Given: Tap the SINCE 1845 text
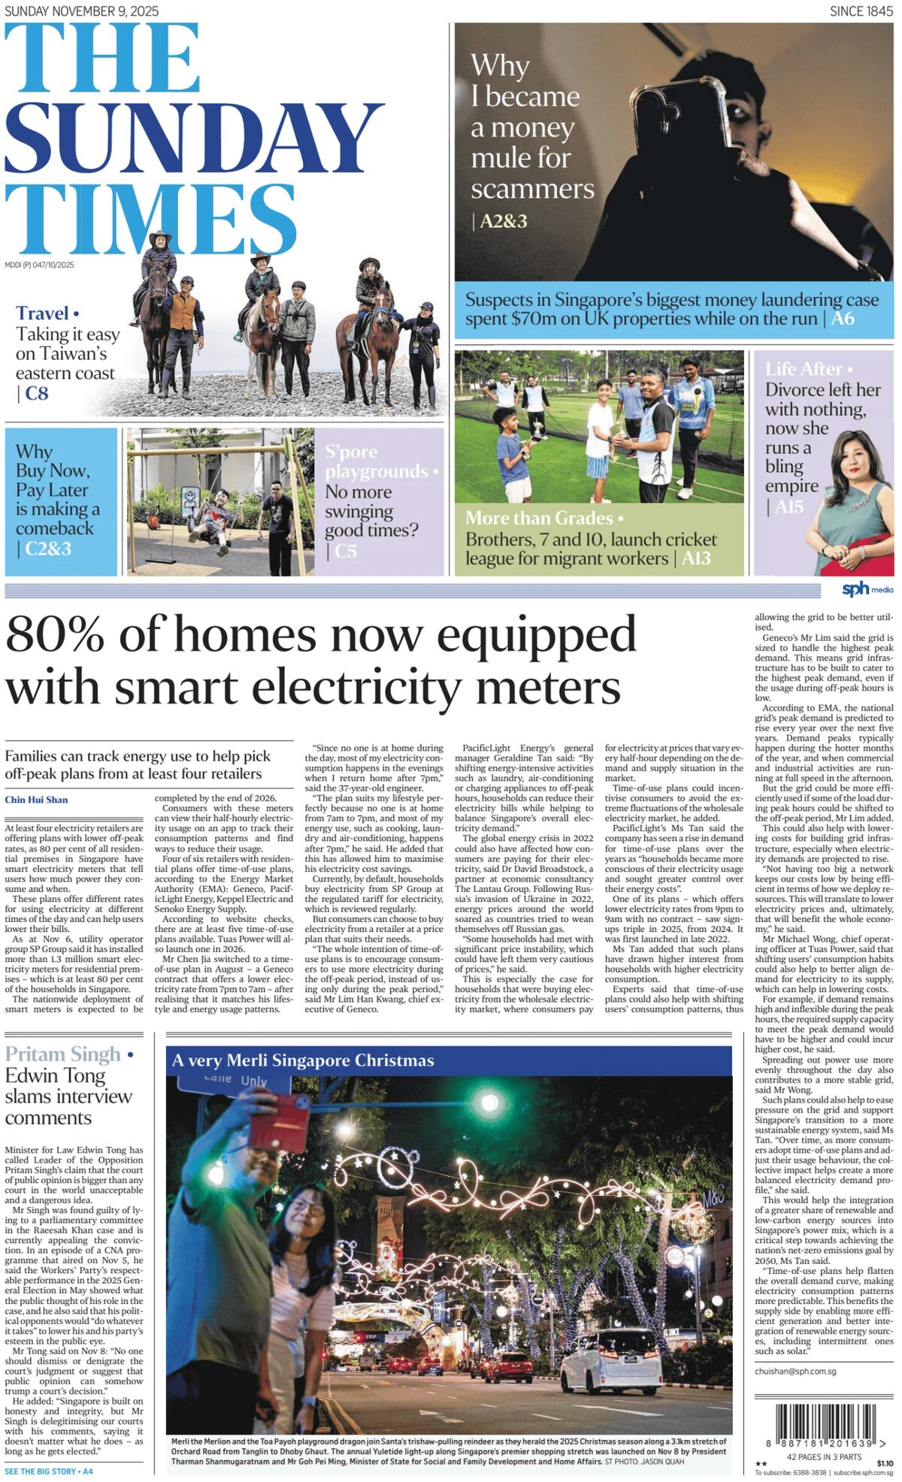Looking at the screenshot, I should point(861,11).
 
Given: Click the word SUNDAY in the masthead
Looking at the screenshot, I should point(194,139).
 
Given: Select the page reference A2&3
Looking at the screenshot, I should point(503,222).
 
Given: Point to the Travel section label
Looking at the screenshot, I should point(43,313).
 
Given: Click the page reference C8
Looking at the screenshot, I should point(36,393).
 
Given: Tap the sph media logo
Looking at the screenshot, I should point(866,588).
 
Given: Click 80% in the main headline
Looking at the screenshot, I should point(56,635).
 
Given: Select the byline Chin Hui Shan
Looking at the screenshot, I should point(36,800).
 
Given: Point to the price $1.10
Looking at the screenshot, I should point(885,1463).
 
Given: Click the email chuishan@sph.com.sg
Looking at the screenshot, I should point(795,1372).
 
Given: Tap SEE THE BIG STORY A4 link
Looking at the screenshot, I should point(49,1471).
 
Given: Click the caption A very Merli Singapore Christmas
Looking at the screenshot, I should point(303,1060).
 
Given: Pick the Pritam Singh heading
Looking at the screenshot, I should point(63,1054).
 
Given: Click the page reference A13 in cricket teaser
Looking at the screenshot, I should point(696,558).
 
